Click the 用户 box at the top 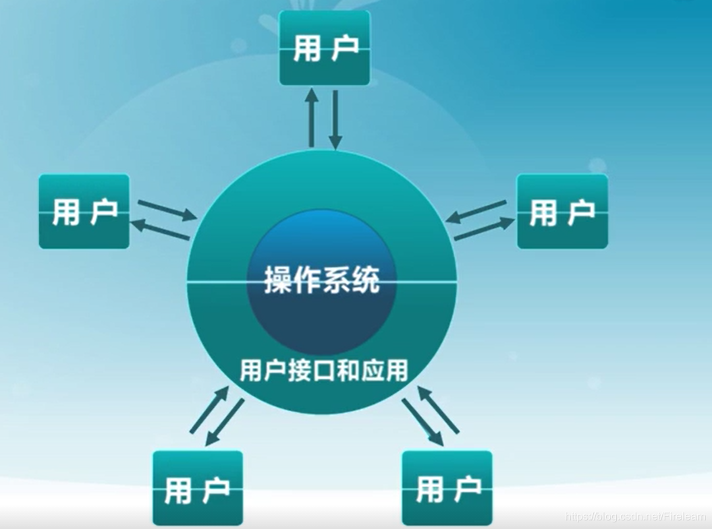(325, 48)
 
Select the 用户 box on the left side (84, 211)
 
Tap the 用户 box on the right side (562, 211)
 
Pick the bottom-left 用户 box (198, 488)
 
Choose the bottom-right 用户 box (447, 488)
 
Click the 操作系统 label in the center (322, 280)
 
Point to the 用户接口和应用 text (324, 369)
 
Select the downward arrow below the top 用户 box (335, 120)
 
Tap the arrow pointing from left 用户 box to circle (167, 210)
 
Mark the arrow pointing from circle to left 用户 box (161, 230)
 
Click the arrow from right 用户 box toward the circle (476, 212)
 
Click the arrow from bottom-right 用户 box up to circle (438, 409)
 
